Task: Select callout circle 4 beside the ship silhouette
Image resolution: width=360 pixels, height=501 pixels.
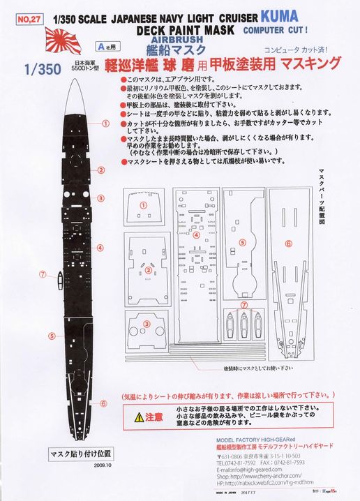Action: [100, 247]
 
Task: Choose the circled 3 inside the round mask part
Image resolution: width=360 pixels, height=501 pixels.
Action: [147, 323]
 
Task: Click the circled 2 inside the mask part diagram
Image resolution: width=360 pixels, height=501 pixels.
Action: [147, 269]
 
